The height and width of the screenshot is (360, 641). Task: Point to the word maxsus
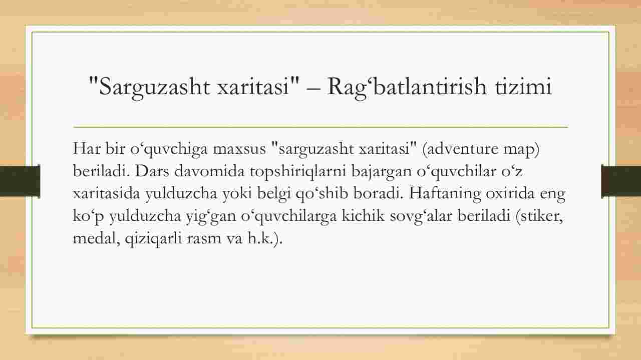(239, 149)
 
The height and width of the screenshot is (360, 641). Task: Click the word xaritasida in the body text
(106, 193)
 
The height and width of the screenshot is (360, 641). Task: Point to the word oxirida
(510, 193)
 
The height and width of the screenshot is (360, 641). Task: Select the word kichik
(363, 216)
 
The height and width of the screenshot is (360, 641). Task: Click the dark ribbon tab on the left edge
(20, 181)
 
